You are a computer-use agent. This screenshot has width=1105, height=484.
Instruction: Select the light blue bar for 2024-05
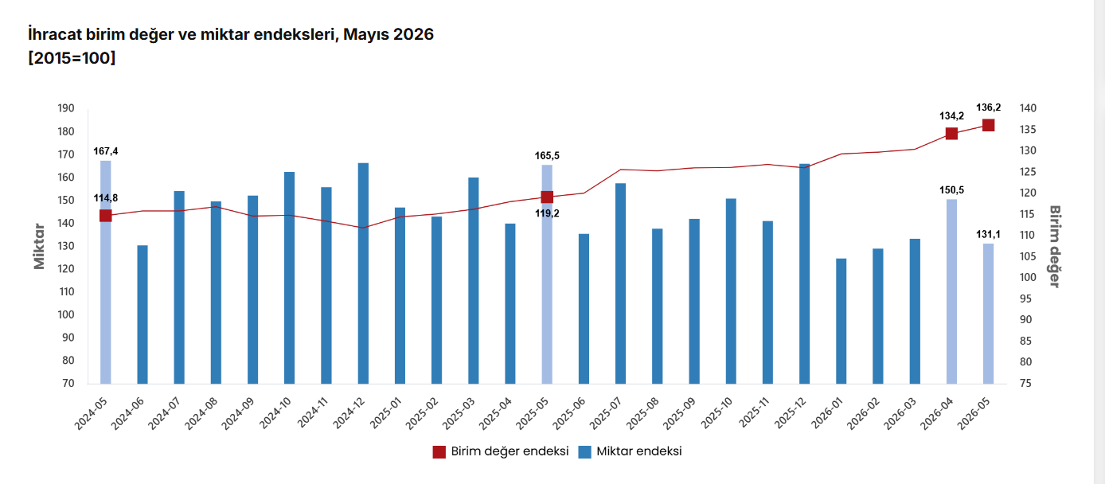pos(106,272)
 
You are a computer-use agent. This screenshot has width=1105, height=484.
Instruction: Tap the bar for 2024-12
pos(363,273)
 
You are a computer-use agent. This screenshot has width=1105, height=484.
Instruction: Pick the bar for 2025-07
pos(621,283)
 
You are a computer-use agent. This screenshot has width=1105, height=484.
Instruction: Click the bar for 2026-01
pos(841,321)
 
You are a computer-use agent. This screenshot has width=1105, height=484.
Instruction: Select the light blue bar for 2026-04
pos(951,291)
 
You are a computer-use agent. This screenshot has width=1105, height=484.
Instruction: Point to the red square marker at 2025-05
pos(547,197)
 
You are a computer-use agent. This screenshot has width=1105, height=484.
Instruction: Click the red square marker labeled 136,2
pos(988,125)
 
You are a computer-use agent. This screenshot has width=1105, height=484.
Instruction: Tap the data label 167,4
pos(106,151)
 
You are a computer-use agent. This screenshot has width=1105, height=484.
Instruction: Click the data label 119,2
pos(547,213)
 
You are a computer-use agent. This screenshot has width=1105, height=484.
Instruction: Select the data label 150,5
pos(951,190)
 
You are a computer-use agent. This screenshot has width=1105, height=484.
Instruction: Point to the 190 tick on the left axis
pos(66,108)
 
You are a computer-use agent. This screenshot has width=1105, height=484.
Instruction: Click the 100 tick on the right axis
pos(1028,277)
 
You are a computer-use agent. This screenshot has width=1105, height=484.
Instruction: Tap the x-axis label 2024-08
pos(201,413)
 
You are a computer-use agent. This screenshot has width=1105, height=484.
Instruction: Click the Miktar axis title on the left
pos(39,246)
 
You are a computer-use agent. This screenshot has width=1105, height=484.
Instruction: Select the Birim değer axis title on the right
pos(1054,246)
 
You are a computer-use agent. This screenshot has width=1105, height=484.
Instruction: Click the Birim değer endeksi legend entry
pos(501,451)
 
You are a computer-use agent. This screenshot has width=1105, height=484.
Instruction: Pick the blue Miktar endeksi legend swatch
pos(584,452)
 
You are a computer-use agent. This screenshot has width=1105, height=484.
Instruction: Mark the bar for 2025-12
pos(805,274)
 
